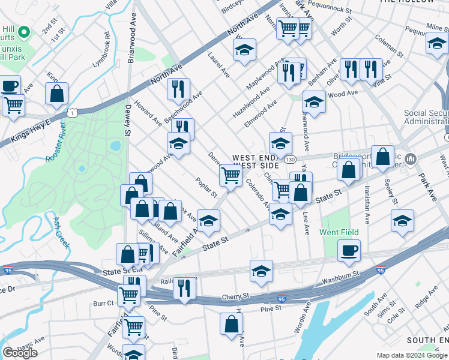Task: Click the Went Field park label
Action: (339, 232)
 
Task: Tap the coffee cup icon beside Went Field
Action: (349, 250)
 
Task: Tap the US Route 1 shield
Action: (72, 112)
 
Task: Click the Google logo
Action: (20, 353)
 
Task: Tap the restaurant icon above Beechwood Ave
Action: (178, 89)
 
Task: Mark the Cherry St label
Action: (235, 296)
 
